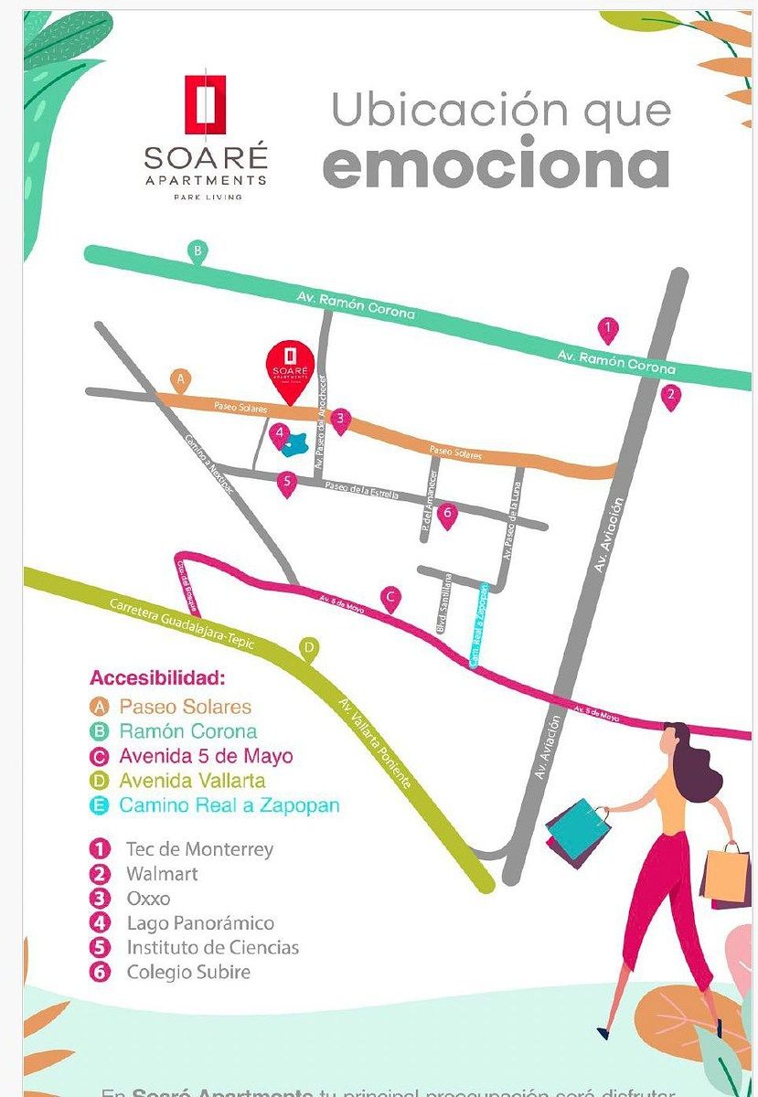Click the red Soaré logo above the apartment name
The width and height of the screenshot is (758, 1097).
[x=206, y=104]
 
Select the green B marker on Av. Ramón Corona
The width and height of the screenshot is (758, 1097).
[x=197, y=250]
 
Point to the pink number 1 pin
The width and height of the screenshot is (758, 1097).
[x=607, y=329]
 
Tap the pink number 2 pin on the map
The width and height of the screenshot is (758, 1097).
[x=671, y=396]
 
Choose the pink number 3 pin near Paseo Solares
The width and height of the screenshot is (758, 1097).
[x=340, y=420]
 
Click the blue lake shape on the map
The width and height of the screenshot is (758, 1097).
[x=294, y=444]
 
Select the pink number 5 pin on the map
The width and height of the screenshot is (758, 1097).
[x=287, y=482]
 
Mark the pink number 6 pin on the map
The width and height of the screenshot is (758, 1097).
[x=446, y=515]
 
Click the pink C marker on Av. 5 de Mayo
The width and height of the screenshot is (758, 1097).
[x=390, y=599]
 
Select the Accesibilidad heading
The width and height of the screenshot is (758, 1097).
[x=156, y=679]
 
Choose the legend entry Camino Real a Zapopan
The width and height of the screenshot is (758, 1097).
[x=229, y=805]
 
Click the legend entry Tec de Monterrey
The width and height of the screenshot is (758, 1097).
[x=199, y=849]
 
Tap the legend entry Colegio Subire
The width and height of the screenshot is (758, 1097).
[x=187, y=972]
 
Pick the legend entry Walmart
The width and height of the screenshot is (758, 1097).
[x=162, y=874]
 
